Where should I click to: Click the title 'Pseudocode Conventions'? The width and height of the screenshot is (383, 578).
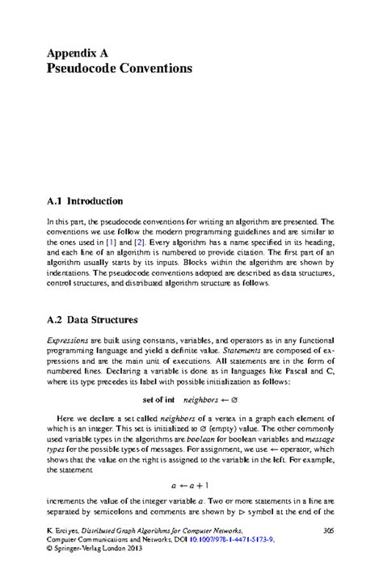click(120, 69)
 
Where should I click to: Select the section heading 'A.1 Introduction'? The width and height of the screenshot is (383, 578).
click(85, 200)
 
